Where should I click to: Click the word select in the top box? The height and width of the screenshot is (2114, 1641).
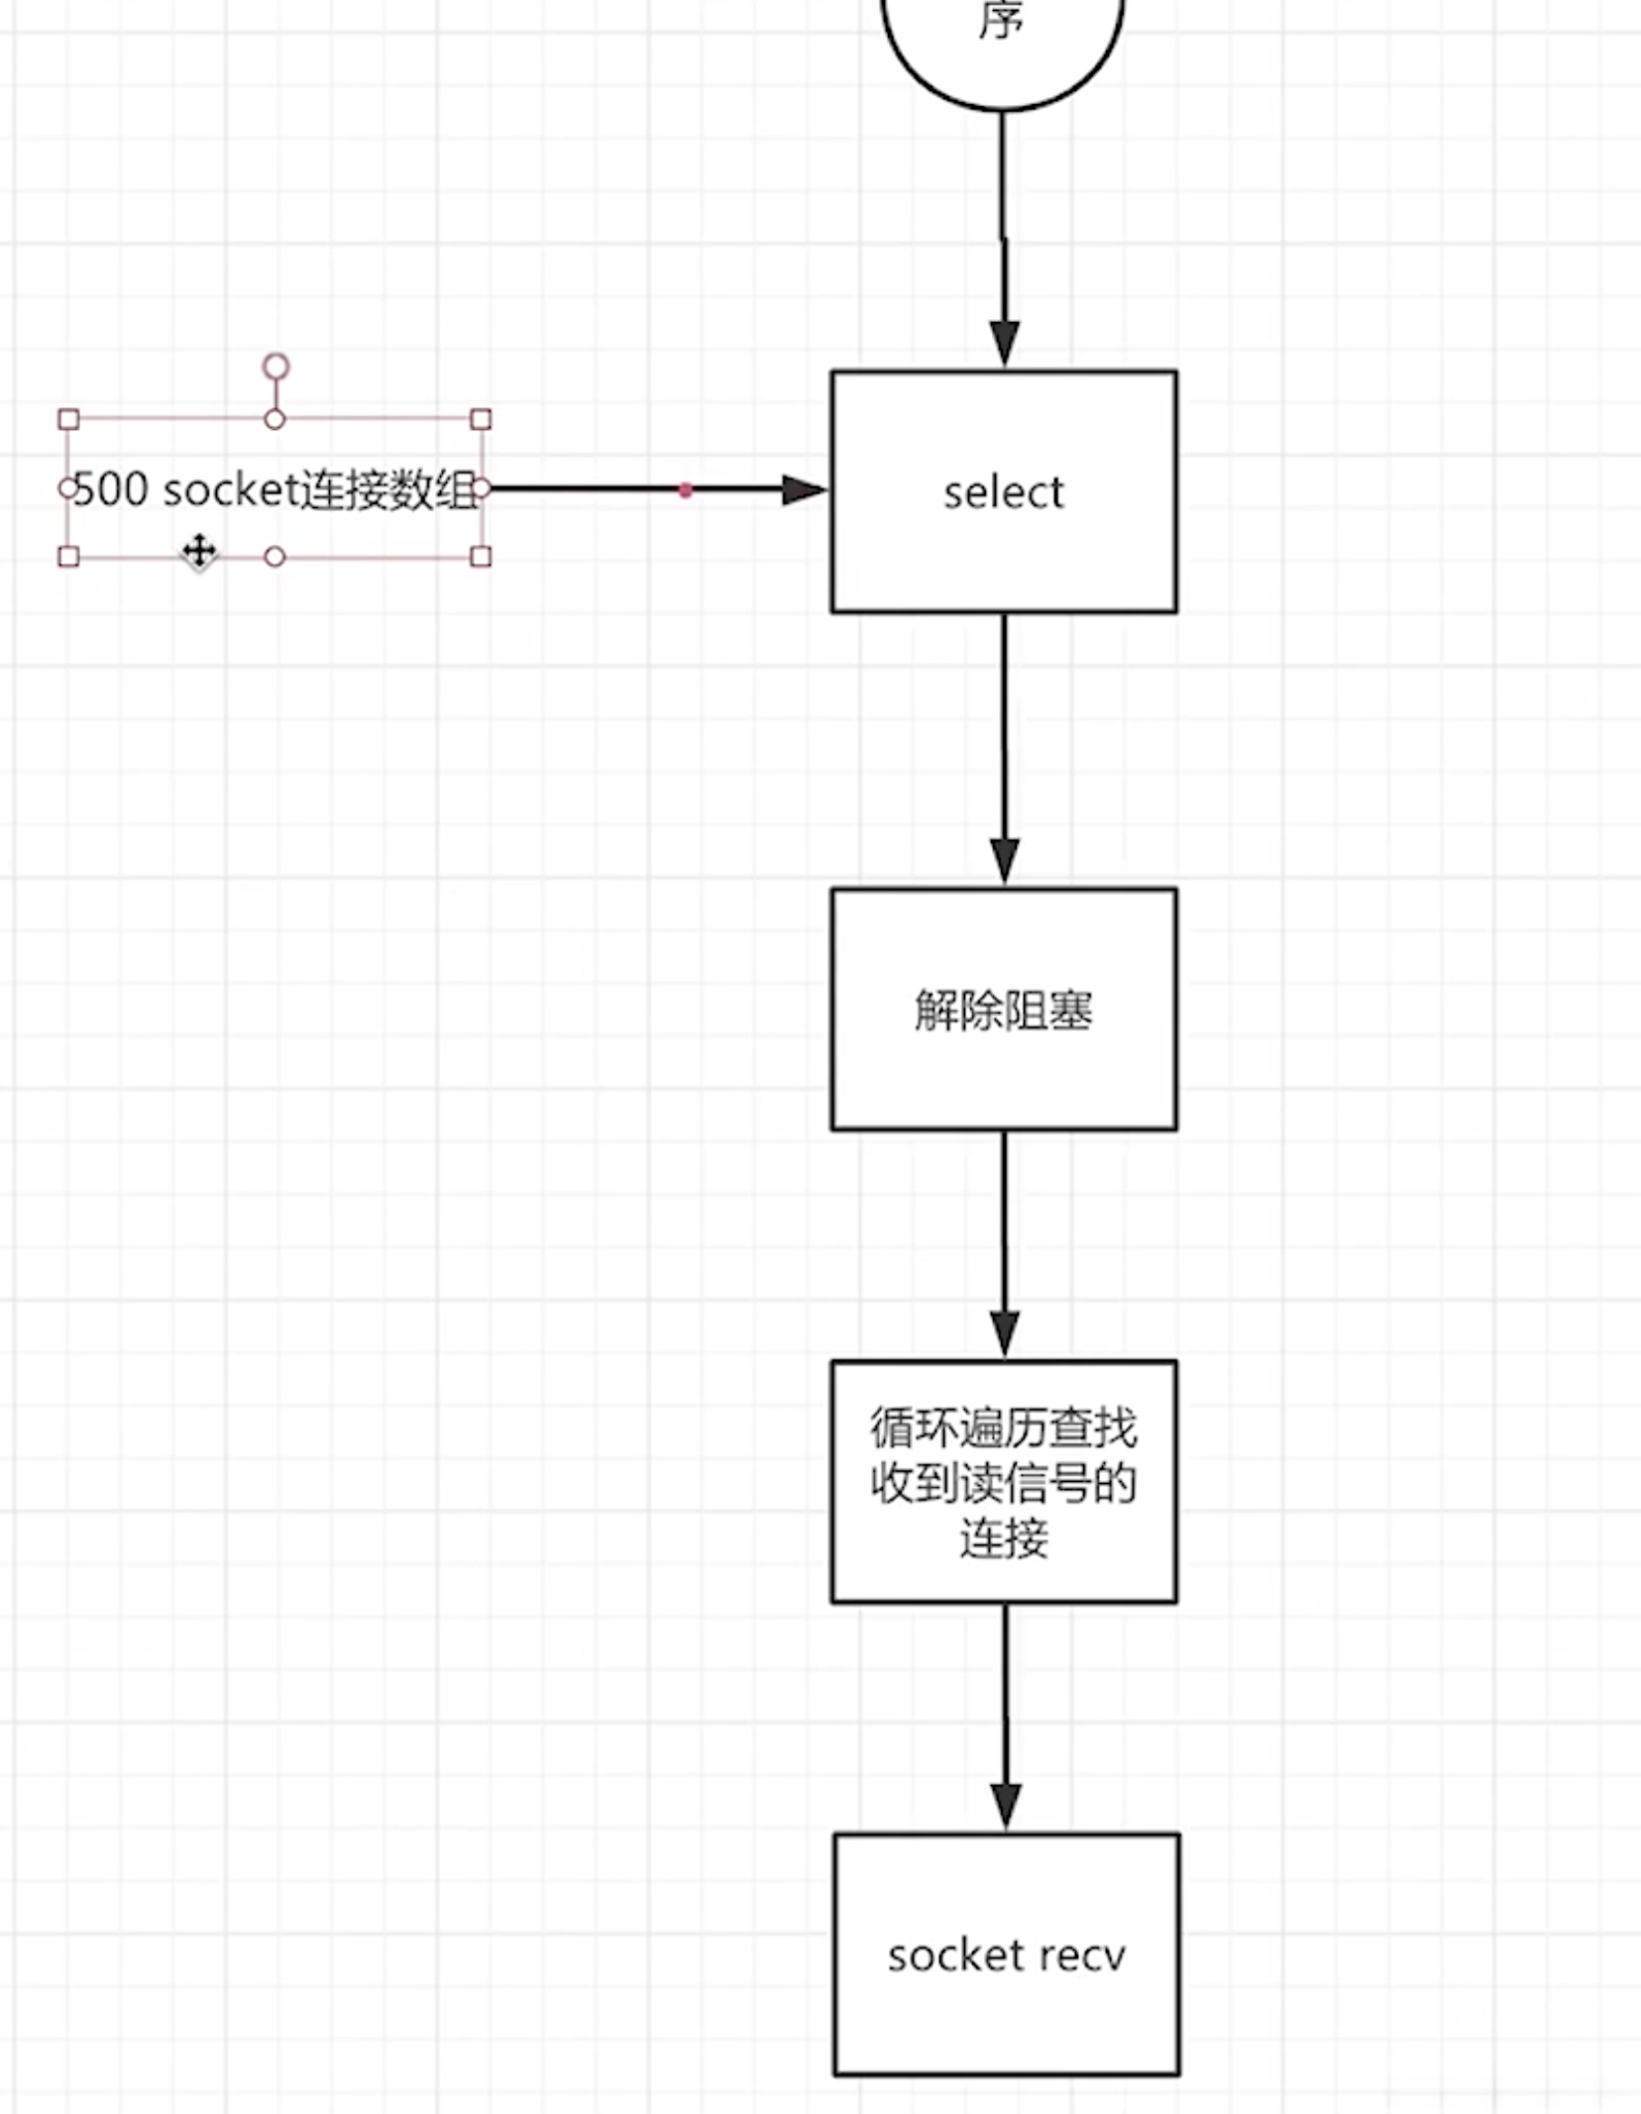tap(1003, 492)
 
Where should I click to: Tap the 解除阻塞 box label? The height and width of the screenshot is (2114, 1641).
tap(1003, 1010)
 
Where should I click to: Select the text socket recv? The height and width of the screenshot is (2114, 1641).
tap(1006, 1955)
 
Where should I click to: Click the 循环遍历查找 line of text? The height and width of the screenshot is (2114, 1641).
tap(1003, 1427)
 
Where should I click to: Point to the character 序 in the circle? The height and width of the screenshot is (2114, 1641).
tap(1000, 20)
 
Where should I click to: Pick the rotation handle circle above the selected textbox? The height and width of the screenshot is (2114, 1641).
tap(275, 368)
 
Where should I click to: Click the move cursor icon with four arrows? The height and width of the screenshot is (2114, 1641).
tap(199, 551)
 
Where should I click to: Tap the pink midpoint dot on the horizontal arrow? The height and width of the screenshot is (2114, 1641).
tap(685, 489)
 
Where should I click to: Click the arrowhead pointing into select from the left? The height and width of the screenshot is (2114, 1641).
tap(803, 489)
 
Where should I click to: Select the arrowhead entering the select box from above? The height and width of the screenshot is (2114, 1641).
tap(1004, 343)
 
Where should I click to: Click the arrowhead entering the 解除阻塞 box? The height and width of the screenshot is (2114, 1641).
tap(1004, 859)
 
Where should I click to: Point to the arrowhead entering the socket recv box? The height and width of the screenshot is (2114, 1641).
tap(1006, 1805)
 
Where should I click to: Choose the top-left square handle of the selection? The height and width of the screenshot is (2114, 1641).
tap(68, 419)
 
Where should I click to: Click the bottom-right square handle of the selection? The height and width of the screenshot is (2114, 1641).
tap(481, 557)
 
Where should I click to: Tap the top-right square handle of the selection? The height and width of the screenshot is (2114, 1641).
tap(481, 419)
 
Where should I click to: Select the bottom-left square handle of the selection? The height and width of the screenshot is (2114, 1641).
tap(68, 557)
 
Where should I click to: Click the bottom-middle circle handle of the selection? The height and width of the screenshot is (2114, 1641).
tap(275, 557)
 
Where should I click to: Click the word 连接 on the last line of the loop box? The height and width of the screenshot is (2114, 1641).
tap(1003, 1538)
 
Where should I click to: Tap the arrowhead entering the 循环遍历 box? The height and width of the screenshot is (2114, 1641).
tap(1004, 1332)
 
